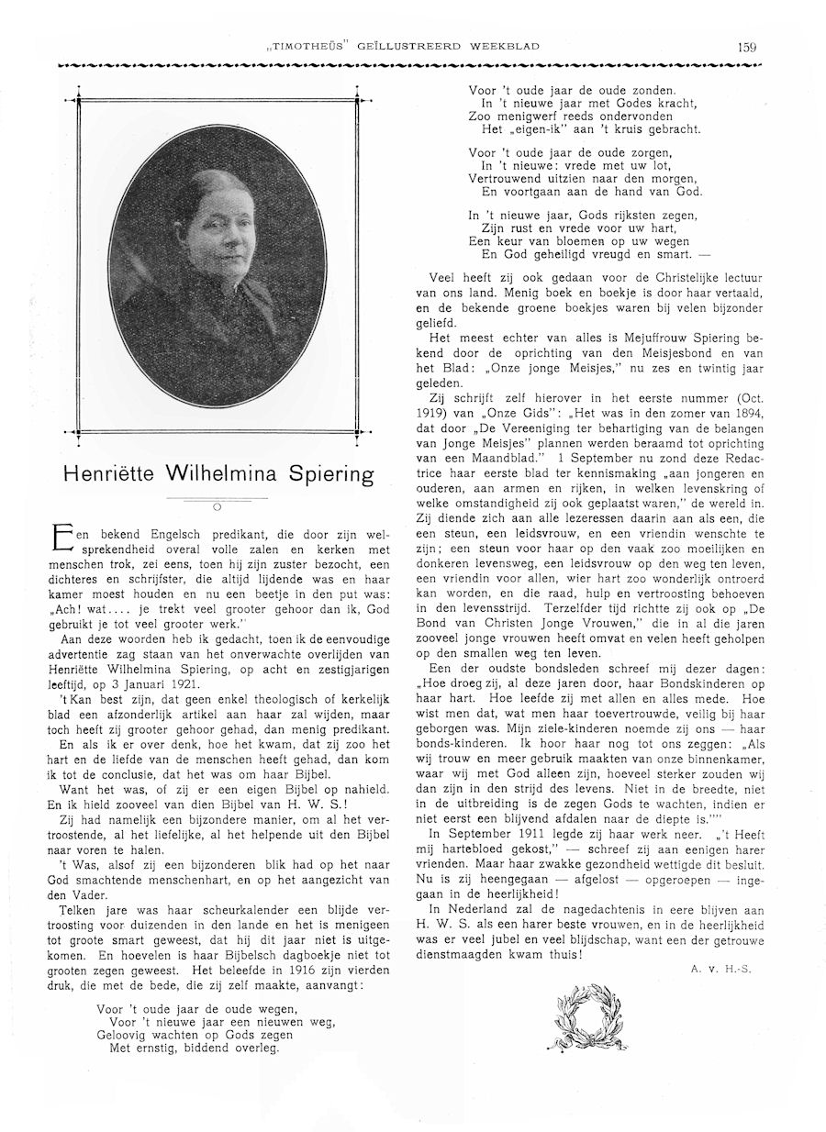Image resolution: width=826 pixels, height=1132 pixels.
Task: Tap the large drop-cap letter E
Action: point(62,538)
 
